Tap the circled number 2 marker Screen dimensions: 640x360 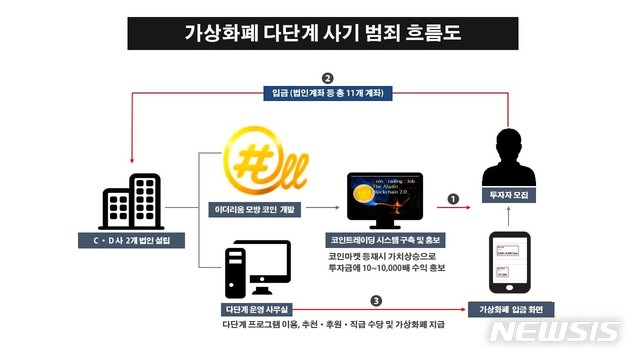[326, 77]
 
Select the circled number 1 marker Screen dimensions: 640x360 [453, 199]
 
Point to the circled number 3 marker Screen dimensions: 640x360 [376, 299]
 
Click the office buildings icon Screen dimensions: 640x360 [131, 202]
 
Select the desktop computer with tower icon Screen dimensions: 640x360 [256, 269]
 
